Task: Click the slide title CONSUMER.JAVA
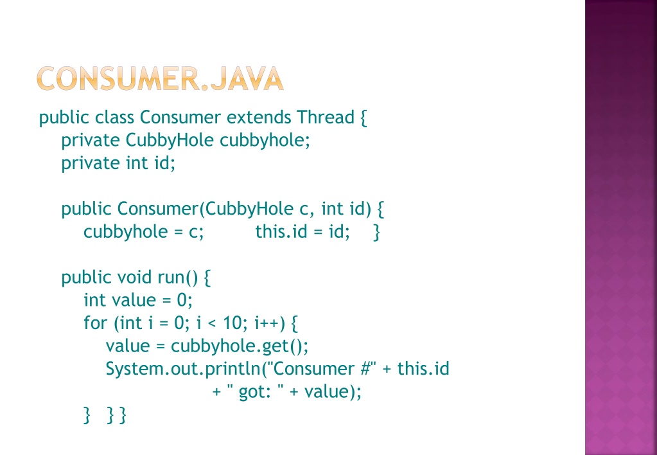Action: (x=160, y=78)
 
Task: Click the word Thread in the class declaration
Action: (x=326, y=117)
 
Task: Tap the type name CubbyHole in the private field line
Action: (x=170, y=140)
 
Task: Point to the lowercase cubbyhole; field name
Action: (x=265, y=140)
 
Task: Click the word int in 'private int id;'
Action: (x=137, y=163)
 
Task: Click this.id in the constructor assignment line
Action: (x=281, y=231)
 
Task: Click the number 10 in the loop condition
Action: (x=232, y=323)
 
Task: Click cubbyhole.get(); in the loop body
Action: (x=240, y=346)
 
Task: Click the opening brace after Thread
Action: (x=364, y=118)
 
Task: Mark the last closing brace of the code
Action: (x=123, y=415)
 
